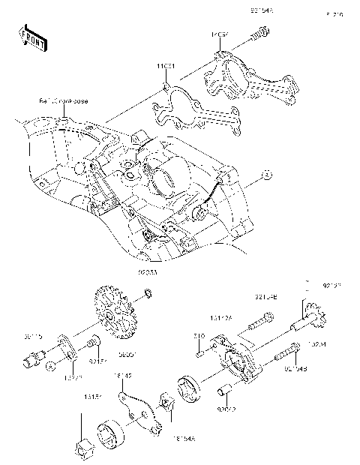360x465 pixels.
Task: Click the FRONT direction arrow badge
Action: point(32,37)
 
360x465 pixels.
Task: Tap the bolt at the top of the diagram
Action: point(260,32)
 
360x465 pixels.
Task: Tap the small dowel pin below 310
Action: point(199,349)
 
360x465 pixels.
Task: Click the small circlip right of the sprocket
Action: point(149,292)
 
